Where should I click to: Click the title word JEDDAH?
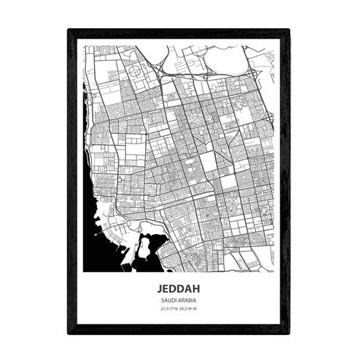[179, 289]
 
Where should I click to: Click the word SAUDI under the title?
[170, 301]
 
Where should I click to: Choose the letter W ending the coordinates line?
[198, 309]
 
